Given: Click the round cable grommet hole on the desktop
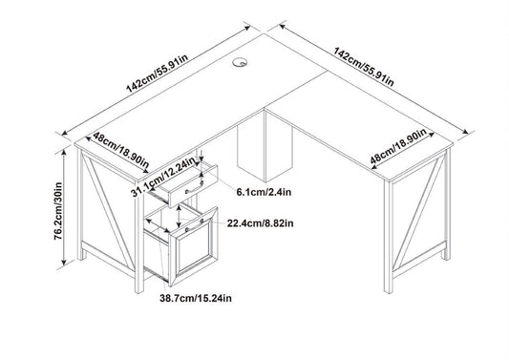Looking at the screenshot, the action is [240, 62].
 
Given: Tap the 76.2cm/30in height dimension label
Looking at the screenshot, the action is [58, 211].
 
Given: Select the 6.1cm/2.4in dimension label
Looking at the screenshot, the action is [264, 192].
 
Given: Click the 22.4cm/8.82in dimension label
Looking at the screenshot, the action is [260, 223].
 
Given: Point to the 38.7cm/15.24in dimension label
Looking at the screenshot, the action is [196, 298].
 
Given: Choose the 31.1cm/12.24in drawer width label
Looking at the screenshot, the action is [164, 177].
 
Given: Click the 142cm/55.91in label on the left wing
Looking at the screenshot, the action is [158, 73].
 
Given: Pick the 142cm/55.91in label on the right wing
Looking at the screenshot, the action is [364, 67].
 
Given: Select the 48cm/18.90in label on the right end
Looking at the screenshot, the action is [398, 146].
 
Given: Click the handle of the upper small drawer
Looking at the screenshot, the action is [195, 188].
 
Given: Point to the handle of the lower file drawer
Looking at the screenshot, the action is [195, 225].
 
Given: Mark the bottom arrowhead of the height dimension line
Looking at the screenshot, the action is [64, 262].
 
